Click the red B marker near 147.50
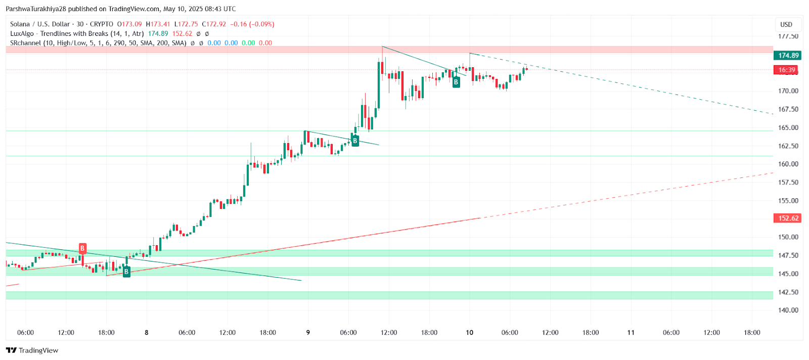(82, 248)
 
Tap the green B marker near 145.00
(126, 272)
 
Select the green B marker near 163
(355, 141)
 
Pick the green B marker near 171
(456, 82)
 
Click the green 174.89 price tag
(788, 56)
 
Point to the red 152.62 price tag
(788, 218)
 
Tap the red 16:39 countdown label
(787, 70)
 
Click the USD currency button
(786, 24)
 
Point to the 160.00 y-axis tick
(788, 164)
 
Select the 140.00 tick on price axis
(788, 310)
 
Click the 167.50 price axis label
(788, 109)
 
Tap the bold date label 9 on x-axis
(308, 333)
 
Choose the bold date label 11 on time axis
(631, 333)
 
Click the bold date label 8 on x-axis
(147, 333)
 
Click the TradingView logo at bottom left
(32, 350)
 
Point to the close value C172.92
(214, 24)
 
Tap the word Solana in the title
(20, 24)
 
